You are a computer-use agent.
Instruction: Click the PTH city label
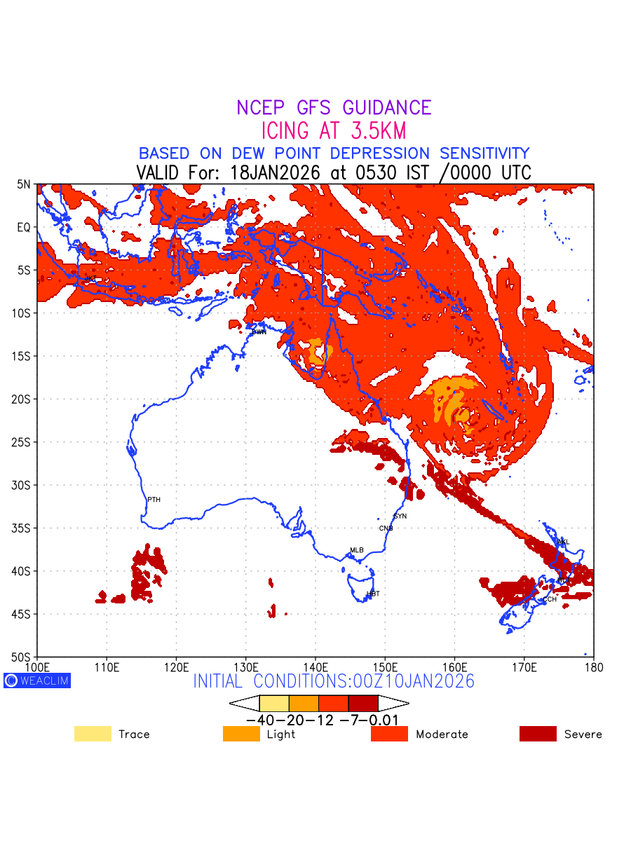(x=154, y=500)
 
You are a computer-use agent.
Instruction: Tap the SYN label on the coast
(x=400, y=517)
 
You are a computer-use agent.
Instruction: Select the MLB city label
(x=357, y=550)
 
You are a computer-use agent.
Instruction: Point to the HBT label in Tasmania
(x=373, y=594)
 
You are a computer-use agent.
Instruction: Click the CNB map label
(x=386, y=528)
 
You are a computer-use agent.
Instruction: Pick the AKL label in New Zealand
(x=563, y=542)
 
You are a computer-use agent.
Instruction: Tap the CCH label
(x=550, y=599)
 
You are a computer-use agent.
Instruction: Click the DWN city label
(x=259, y=332)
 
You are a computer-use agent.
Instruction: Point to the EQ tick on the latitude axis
(x=24, y=228)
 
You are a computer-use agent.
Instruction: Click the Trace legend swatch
(x=93, y=734)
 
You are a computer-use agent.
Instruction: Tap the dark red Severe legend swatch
(x=538, y=734)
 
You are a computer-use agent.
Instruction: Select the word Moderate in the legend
(x=442, y=734)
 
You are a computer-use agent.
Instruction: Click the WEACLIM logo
(x=37, y=681)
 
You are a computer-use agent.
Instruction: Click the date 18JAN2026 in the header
(x=276, y=172)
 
